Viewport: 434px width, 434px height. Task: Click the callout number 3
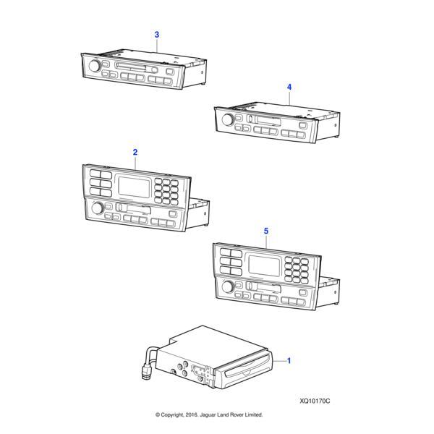coord(157,35)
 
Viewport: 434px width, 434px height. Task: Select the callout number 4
coord(289,87)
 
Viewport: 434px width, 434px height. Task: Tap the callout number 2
coord(135,152)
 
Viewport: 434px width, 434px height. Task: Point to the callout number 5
coord(265,231)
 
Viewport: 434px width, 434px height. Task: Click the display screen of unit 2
coord(135,186)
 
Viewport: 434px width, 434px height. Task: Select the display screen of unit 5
coord(265,263)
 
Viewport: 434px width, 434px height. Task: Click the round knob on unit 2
coord(95,209)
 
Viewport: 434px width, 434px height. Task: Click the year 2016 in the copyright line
coord(187,415)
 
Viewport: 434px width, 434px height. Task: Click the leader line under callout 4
coord(289,100)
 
